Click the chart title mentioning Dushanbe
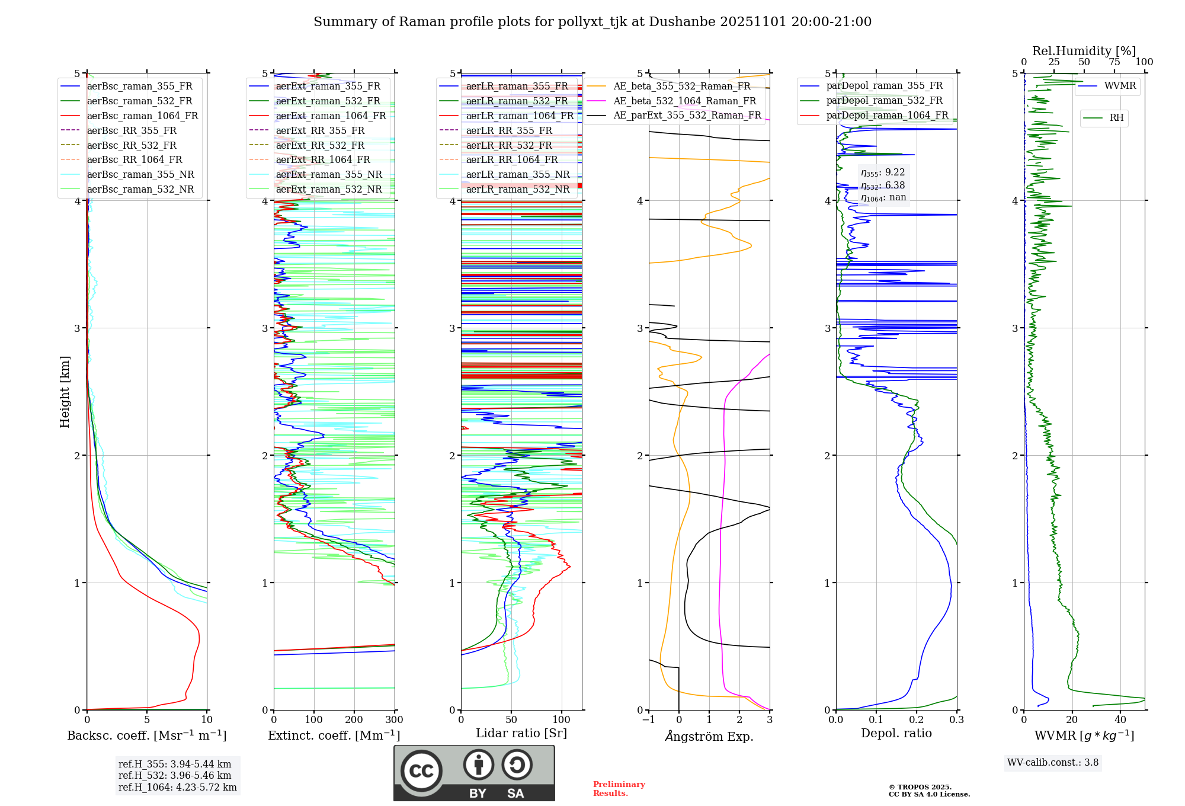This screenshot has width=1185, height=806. coord(592,22)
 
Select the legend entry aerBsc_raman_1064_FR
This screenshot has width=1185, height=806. coord(142,116)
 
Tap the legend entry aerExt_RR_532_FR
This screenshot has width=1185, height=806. coord(320,145)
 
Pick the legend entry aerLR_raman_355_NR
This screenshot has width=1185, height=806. coord(517,174)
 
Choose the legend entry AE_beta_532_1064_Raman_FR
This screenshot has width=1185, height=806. coord(684,101)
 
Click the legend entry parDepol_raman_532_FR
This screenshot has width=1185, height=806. coord(884,101)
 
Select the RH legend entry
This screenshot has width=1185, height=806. coord(1116,118)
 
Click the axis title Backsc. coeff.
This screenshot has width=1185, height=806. coord(147,735)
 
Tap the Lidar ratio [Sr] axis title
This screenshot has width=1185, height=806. coord(521,733)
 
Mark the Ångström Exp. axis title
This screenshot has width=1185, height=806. coord(709,736)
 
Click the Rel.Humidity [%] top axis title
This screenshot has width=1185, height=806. coord(1084,51)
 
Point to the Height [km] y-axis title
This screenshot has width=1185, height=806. coord(65,392)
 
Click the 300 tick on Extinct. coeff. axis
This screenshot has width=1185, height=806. coord(394,720)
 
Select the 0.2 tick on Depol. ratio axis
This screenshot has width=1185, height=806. coord(917,720)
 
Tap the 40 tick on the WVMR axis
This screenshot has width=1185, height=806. coord(1120,720)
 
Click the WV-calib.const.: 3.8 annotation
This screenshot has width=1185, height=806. coord(1053,763)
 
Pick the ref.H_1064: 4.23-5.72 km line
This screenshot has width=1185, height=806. coord(178,787)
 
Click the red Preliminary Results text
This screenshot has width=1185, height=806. coord(619,788)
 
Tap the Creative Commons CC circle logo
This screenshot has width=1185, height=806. coord(421,770)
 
